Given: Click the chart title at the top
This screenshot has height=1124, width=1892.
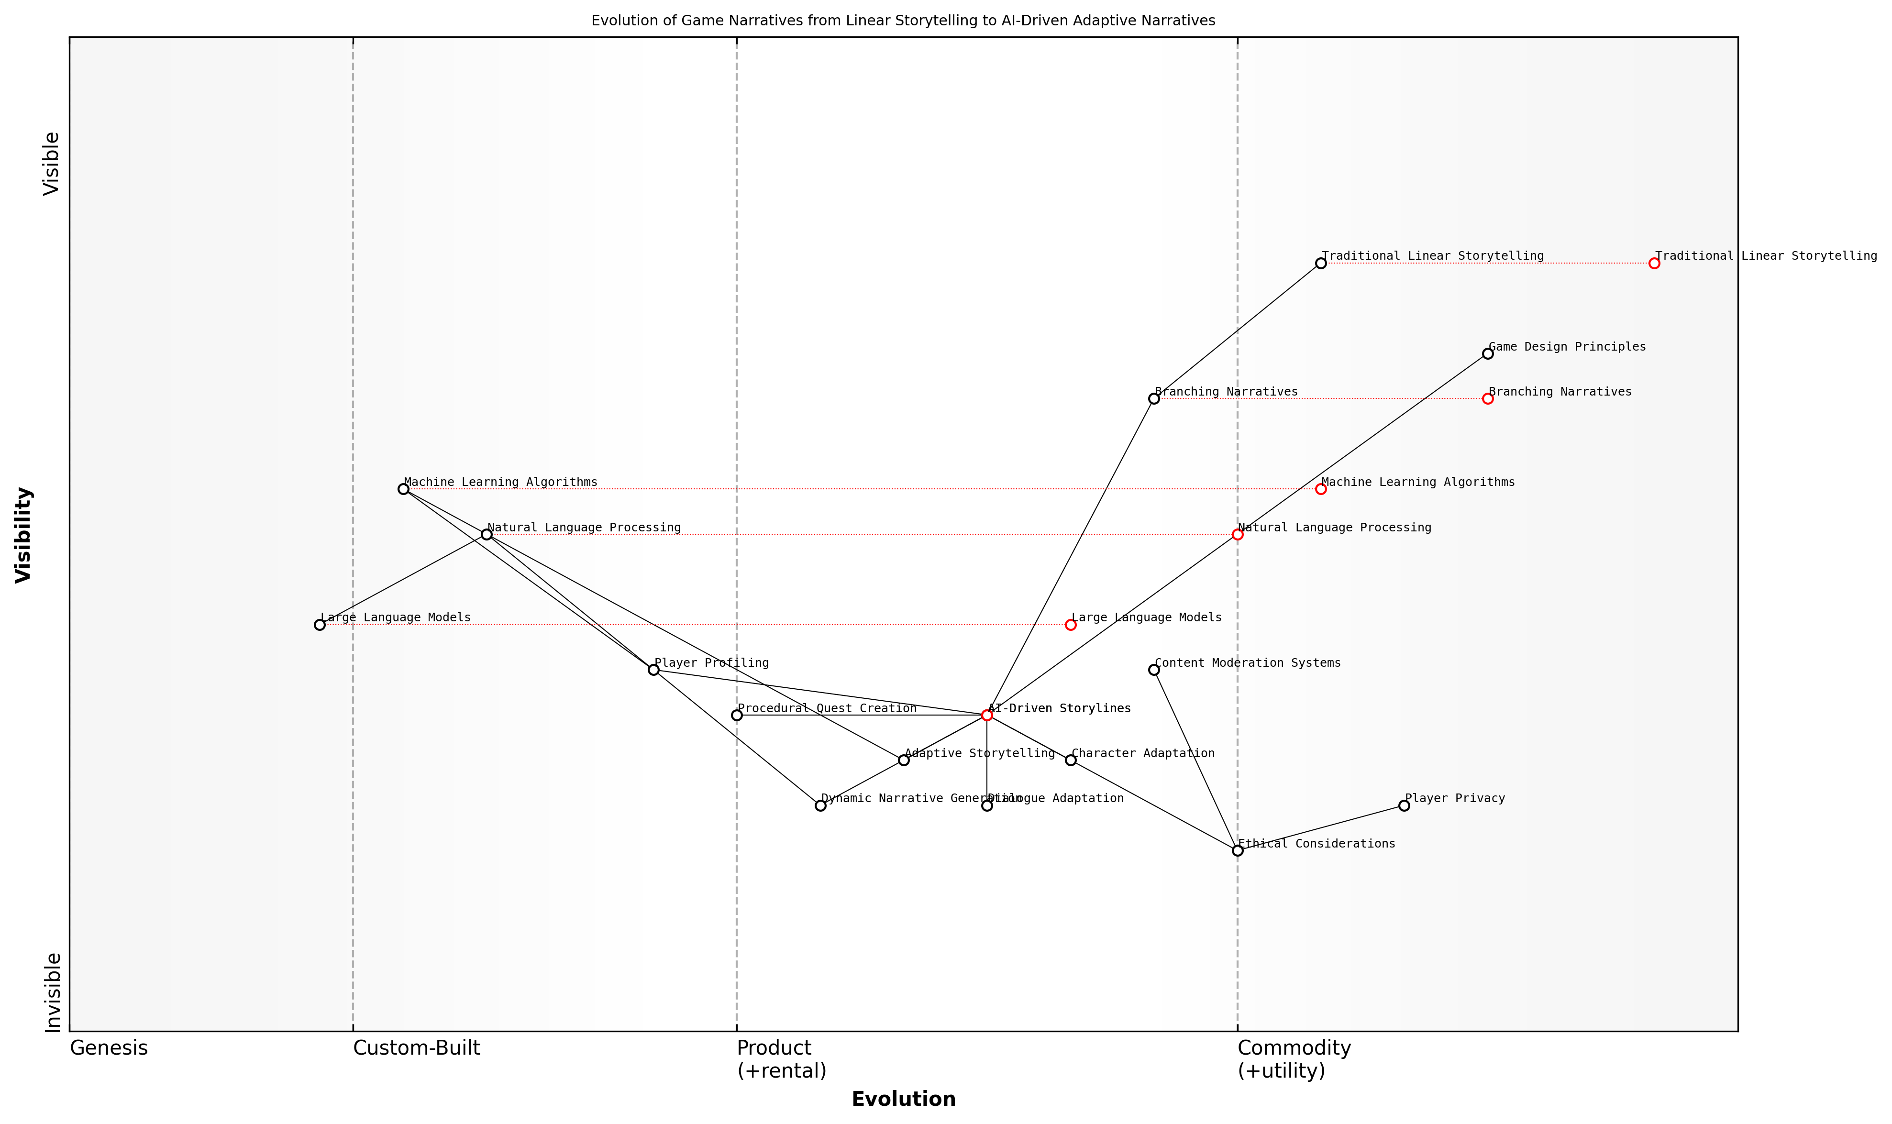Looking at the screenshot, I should (903, 21).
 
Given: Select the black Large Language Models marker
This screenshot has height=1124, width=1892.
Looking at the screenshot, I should (320, 625).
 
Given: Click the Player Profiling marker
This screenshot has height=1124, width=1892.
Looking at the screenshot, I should (653, 670).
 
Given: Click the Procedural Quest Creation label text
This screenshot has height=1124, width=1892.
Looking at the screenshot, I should (827, 709).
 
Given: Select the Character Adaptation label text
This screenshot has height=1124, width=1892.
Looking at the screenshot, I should (1143, 754).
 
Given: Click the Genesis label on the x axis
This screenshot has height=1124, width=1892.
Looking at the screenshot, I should (108, 1048).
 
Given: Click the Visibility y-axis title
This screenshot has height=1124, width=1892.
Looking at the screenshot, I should (23, 535).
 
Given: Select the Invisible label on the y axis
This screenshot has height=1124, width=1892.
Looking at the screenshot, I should (52, 992).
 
